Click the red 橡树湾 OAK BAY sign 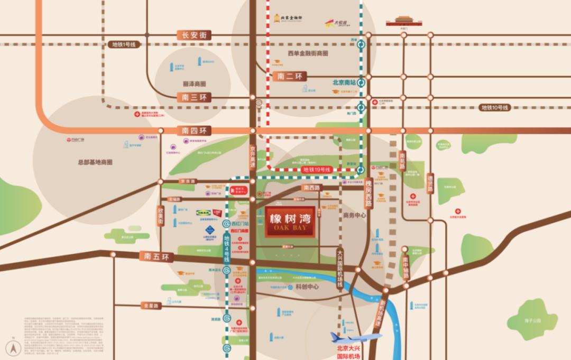pyautogui.click(x=290, y=221)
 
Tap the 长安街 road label pyautogui.click(x=194, y=35)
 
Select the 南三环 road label pyautogui.click(x=194, y=97)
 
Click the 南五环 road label pyautogui.click(x=156, y=257)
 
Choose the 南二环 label pyautogui.click(x=291, y=76)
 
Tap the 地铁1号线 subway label pyautogui.click(x=124, y=45)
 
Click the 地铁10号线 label pyautogui.click(x=494, y=107)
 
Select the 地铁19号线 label pyautogui.click(x=316, y=170)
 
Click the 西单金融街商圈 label pyautogui.click(x=308, y=54)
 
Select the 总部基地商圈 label pyautogui.click(x=95, y=162)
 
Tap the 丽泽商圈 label pyautogui.click(x=194, y=84)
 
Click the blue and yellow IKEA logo pyautogui.click(x=204, y=213)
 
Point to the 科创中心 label pyautogui.click(x=307, y=287)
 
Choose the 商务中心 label pyautogui.click(x=355, y=216)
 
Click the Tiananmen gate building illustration pyautogui.click(x=406, y=21)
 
